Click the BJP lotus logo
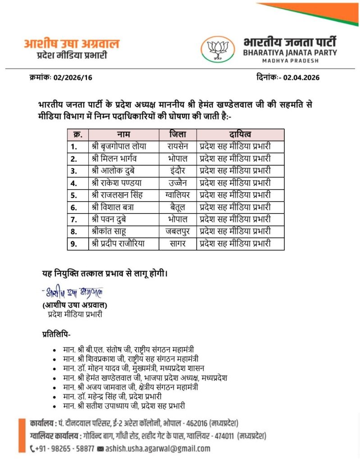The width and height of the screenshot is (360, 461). pos(218,49)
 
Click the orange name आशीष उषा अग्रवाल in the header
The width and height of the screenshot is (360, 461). pos(72,44)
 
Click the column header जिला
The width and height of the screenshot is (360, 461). pos(178,134)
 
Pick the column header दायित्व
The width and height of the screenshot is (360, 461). pos(240,134)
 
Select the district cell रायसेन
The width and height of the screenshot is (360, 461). pos(178,146)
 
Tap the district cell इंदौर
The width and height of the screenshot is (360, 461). pos(178,171)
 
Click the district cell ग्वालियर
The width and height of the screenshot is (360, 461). pos(178,195)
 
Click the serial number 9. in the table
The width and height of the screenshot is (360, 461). pos(74,244)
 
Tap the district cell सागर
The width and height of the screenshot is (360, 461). pos(178,244)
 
